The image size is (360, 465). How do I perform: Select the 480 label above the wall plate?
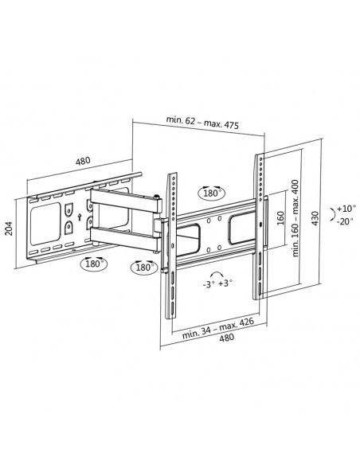82,161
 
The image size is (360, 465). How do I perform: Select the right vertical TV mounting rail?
260,227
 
